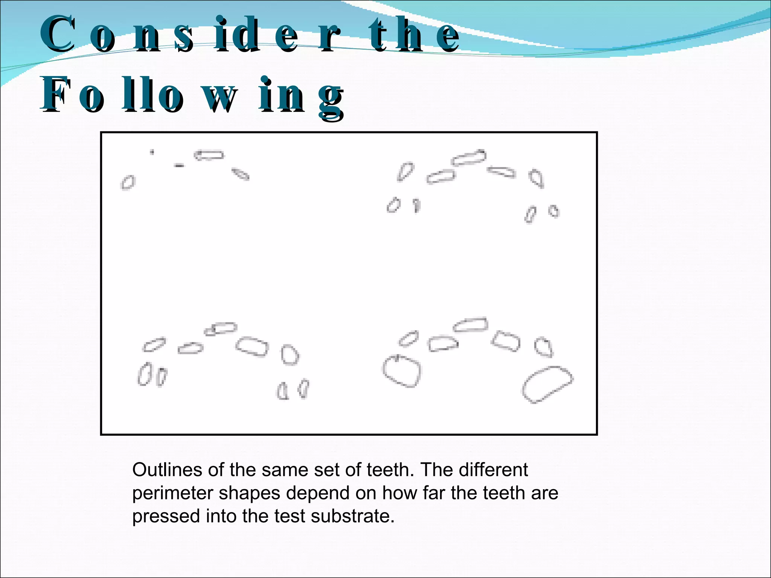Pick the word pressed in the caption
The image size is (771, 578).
click(x=166, y=517)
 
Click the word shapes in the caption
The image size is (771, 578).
click(x=249, y=494)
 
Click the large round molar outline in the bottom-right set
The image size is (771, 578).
click(x=402, y=370)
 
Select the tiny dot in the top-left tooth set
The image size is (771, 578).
click(x=152, y=152)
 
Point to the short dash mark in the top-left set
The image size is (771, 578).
click(x=179, y=165)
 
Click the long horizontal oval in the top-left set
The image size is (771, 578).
click(x=209, y=155)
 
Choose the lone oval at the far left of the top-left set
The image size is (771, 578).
click(x=128, y=183)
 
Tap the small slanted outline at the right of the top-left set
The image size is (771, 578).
click(x=240, y=174)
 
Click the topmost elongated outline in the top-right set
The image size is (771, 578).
click(x=469, y=157)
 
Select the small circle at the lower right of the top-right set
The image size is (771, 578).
click(x=553, y=211)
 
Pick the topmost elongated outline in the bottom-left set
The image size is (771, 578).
click(x=221, y=329)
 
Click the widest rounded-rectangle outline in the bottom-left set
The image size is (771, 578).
click(x=252, y=346)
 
